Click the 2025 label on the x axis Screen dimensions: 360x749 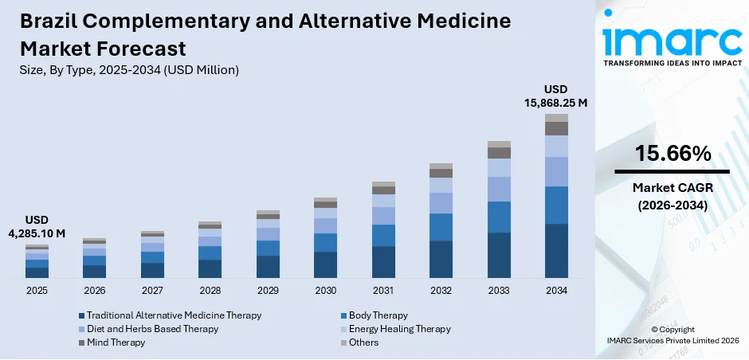(37, 291)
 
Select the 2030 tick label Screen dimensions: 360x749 (325, 291)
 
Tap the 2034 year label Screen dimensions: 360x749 (556, 291)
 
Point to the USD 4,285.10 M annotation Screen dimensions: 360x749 (37, 226)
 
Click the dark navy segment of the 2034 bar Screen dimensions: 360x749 (556, 251)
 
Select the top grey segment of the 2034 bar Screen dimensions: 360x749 (556, 118)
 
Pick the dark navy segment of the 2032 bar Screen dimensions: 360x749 (441, 259)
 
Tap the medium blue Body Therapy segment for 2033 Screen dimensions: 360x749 (499, 217)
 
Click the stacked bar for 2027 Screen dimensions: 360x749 (152, 255)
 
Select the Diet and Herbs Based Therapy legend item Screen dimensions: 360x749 (152, 329)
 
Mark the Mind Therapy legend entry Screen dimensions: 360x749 (116, 342)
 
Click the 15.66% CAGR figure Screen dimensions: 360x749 (673, 155)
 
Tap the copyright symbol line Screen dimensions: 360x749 (673, 329)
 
